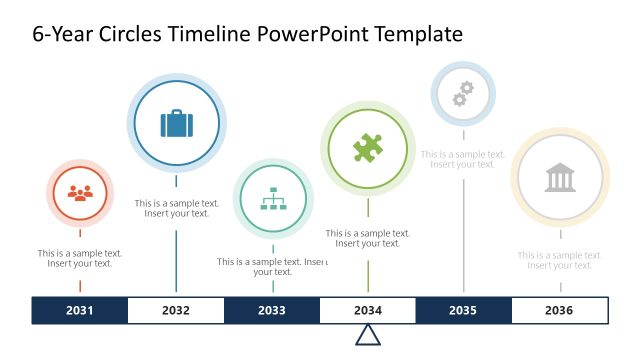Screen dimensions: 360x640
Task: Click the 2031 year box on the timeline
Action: (80, 310)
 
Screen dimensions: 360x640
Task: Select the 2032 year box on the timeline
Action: (176, 310)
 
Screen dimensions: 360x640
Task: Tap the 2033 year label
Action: (272, 310)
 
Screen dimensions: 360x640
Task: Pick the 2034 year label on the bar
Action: (368, 310)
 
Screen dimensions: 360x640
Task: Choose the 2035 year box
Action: (463, 310)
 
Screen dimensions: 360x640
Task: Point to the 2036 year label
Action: (559, 310)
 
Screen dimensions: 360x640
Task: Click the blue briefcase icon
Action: (177, 124)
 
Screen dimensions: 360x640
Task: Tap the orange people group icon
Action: (80, 193)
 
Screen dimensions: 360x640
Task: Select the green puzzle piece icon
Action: (368, 149)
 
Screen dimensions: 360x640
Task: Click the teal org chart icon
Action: (273, 200)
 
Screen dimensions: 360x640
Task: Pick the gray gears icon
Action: (462, 94)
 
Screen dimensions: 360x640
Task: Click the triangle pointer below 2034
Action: (368, 335)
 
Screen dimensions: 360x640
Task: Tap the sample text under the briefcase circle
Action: (177, 208)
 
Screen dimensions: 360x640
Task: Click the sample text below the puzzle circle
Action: (368, 238)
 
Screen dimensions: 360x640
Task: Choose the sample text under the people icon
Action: (80, 258)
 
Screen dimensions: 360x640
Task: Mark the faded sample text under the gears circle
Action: (463, 159)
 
